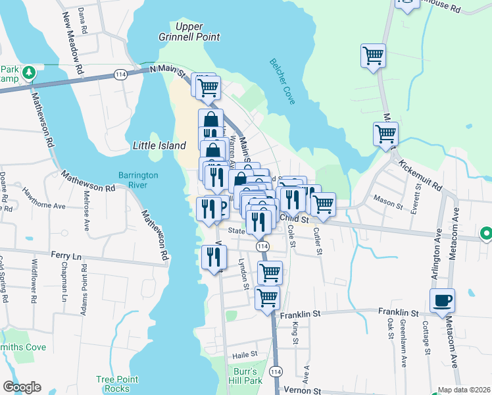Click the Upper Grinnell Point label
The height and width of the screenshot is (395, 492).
pyautogui.click(x=188, y=32)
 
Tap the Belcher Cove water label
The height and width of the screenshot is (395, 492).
pyautogui.click(x=282, y=81)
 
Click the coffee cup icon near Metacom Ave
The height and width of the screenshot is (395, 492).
pyautogui.click(x=442, y=301)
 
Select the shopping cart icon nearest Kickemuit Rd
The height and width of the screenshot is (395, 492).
pyautogui.click(x=385, y=134)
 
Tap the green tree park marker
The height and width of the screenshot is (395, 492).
pyautogui.click(x=28, y=72)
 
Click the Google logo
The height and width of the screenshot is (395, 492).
pyautogui.click(x=22, y=387)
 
